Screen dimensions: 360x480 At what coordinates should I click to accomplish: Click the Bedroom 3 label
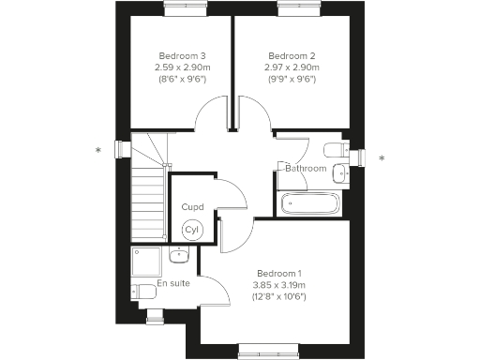182,55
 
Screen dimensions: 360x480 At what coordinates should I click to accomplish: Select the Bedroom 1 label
279,272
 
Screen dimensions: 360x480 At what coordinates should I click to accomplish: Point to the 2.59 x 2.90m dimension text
182,67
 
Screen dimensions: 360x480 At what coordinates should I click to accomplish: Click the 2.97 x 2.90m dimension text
292,67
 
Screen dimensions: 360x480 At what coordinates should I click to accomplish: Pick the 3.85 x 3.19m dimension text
279,284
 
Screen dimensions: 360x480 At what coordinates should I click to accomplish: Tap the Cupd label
191,207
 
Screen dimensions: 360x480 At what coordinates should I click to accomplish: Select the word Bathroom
306,169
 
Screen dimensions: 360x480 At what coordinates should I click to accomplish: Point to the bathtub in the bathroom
313,202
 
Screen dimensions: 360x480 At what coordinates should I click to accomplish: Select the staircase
148,187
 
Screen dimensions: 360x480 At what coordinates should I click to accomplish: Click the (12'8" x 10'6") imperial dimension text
279,296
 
